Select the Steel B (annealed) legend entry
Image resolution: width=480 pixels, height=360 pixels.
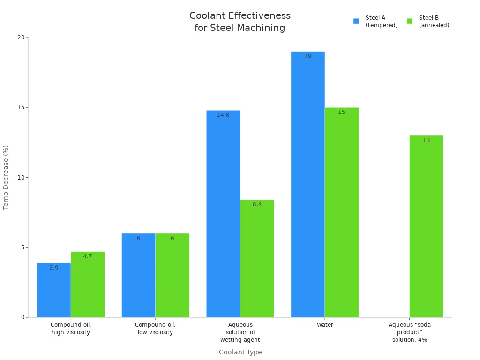pyautogui.click(x=428, y=22)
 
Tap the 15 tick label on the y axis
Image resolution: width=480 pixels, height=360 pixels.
pyautogui.click(x=21, y=107)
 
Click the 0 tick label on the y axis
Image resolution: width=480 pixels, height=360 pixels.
pyautogui.click(x=22, y=317)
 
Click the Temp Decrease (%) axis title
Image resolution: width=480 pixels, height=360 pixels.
pyautogui.click(x=6, y=177)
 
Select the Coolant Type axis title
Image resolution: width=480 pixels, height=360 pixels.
pyautogui.click(x=240, y=352)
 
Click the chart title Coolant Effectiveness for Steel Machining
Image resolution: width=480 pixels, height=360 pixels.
pyautogui.click(x=240, y=22)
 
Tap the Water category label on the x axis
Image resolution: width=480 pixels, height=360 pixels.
pyautogui.click(x=325, y=325)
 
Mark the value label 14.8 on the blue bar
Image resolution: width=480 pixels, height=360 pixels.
pyautogui.click(x=223, y=115)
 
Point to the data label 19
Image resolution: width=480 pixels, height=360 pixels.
pyautogui.click(x=307, y=56)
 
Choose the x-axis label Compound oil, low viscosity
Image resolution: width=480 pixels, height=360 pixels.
pyautogui.click(x=155, y=329)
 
